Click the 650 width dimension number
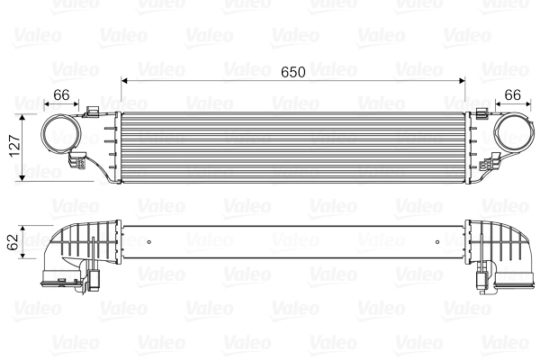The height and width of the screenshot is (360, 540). [x=292, y=71]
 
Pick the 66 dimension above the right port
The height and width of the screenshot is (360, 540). [x=512, y=94]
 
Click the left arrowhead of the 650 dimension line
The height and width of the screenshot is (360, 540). [x=124, y=81]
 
